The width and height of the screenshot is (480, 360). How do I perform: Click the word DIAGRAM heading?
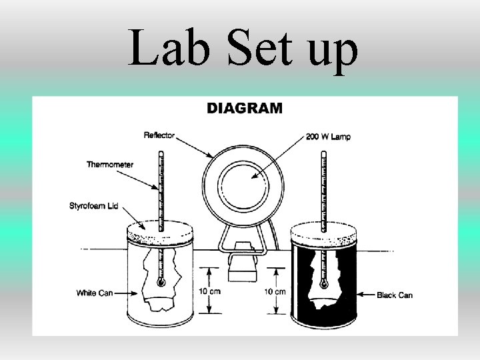(245, 109)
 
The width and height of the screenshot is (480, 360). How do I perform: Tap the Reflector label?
(159, 135)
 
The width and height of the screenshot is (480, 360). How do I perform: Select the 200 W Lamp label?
(329, 137)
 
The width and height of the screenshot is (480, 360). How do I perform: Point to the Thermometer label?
(109, 164)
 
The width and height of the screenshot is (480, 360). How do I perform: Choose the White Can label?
(95, 293)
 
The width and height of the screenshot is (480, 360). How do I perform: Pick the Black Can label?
(395, 295)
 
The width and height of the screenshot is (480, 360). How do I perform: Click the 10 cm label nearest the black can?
(274, 292)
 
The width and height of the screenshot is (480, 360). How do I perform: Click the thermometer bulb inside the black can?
(323, 284)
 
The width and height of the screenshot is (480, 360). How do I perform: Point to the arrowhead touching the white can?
(125, 293)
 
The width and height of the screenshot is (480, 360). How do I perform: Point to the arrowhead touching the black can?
(360, 294)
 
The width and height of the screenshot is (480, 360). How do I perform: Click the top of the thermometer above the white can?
(161, 154)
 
